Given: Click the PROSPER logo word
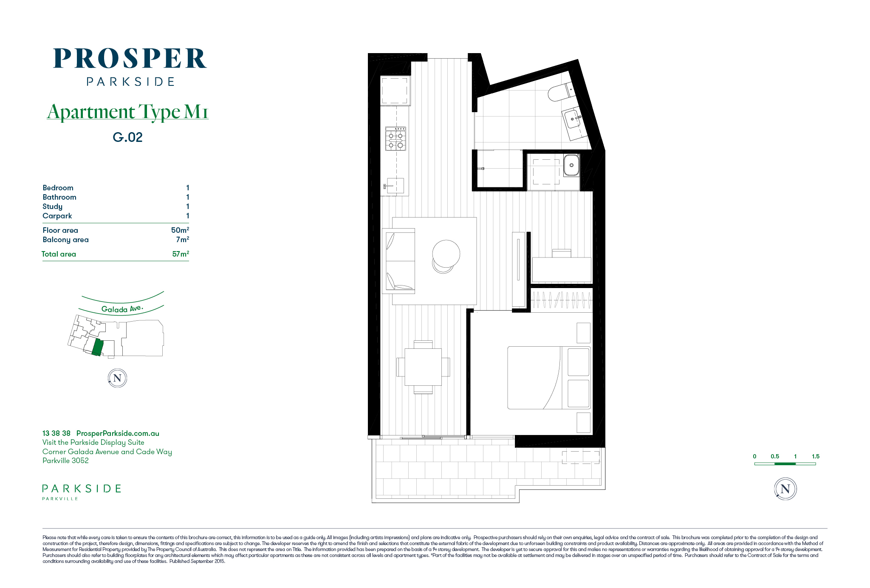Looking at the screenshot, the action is (x=130, y=59).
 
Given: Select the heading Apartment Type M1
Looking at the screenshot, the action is (x=127, y=112).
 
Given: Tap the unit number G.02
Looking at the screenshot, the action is (x=128, y=137).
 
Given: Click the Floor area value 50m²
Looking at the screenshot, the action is (x=180, y=230).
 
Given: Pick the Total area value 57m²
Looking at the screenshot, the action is (x=181, y=254).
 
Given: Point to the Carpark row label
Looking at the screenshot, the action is (x=57, y=216).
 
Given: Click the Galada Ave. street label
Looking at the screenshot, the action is (x=122, y=309).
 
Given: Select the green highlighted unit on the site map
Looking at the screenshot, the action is (x=98, y=347).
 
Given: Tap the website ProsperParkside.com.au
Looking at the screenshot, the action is (x=118, y=433).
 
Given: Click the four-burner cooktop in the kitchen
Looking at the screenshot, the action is (x=395, y=139).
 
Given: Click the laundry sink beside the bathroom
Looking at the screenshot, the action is (x=571, y=165).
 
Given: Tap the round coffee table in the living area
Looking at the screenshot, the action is (x=446, y=254).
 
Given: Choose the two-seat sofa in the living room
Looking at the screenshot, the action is (x=398, y=261).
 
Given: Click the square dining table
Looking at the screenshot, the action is (x=423, y=367).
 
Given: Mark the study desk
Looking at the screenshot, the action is (x=562, y=269).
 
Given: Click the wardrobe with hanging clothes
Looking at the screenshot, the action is (x=562, y=300).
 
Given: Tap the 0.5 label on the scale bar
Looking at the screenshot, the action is (x=775, y=456).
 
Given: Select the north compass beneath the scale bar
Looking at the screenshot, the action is (x=785, y=489).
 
